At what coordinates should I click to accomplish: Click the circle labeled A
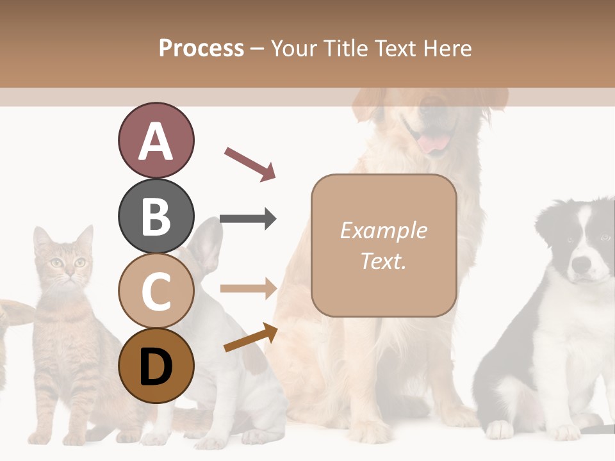[x=156, y=141]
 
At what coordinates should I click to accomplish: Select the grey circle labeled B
[x=156, y=216]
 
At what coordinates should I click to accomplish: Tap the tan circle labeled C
[x=156, y=291]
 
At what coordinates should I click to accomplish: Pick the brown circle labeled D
[x=156, y=366]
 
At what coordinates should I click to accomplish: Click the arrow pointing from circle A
[x=250, y=163]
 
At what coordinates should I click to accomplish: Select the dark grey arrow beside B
[x=248, y=219]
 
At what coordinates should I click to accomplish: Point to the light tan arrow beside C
[x=248, y=288]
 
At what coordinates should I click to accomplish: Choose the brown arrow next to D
[x=250, y=337]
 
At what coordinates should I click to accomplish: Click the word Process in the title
[x=201, y=48]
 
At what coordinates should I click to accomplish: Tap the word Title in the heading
[x=347, y=48]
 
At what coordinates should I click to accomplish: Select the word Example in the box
[x=383, y=230]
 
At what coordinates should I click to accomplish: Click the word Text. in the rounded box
[x=383, y=261]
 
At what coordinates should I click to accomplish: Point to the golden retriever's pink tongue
[x=434, y=142]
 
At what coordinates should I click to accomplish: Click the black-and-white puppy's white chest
[x=564, y=327]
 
